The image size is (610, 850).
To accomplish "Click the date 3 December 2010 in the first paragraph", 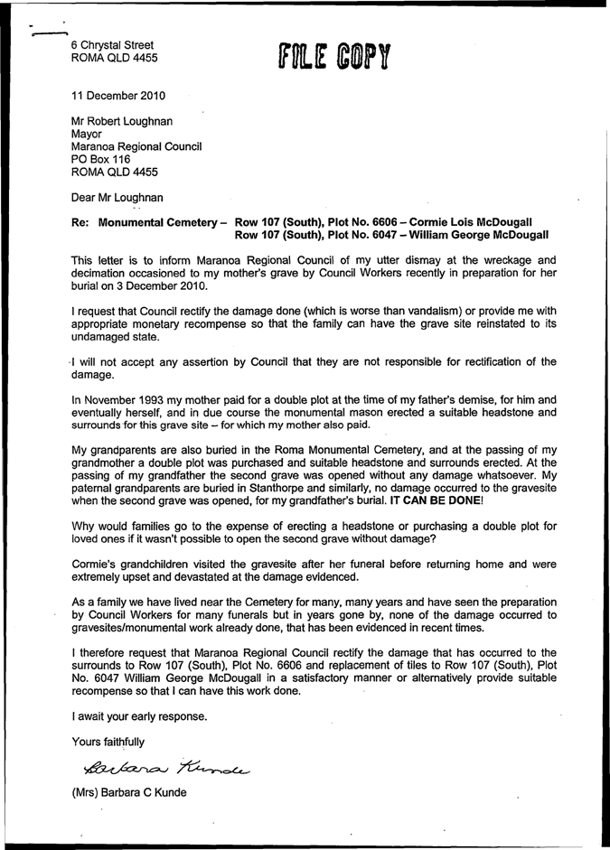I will [164, 286].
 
